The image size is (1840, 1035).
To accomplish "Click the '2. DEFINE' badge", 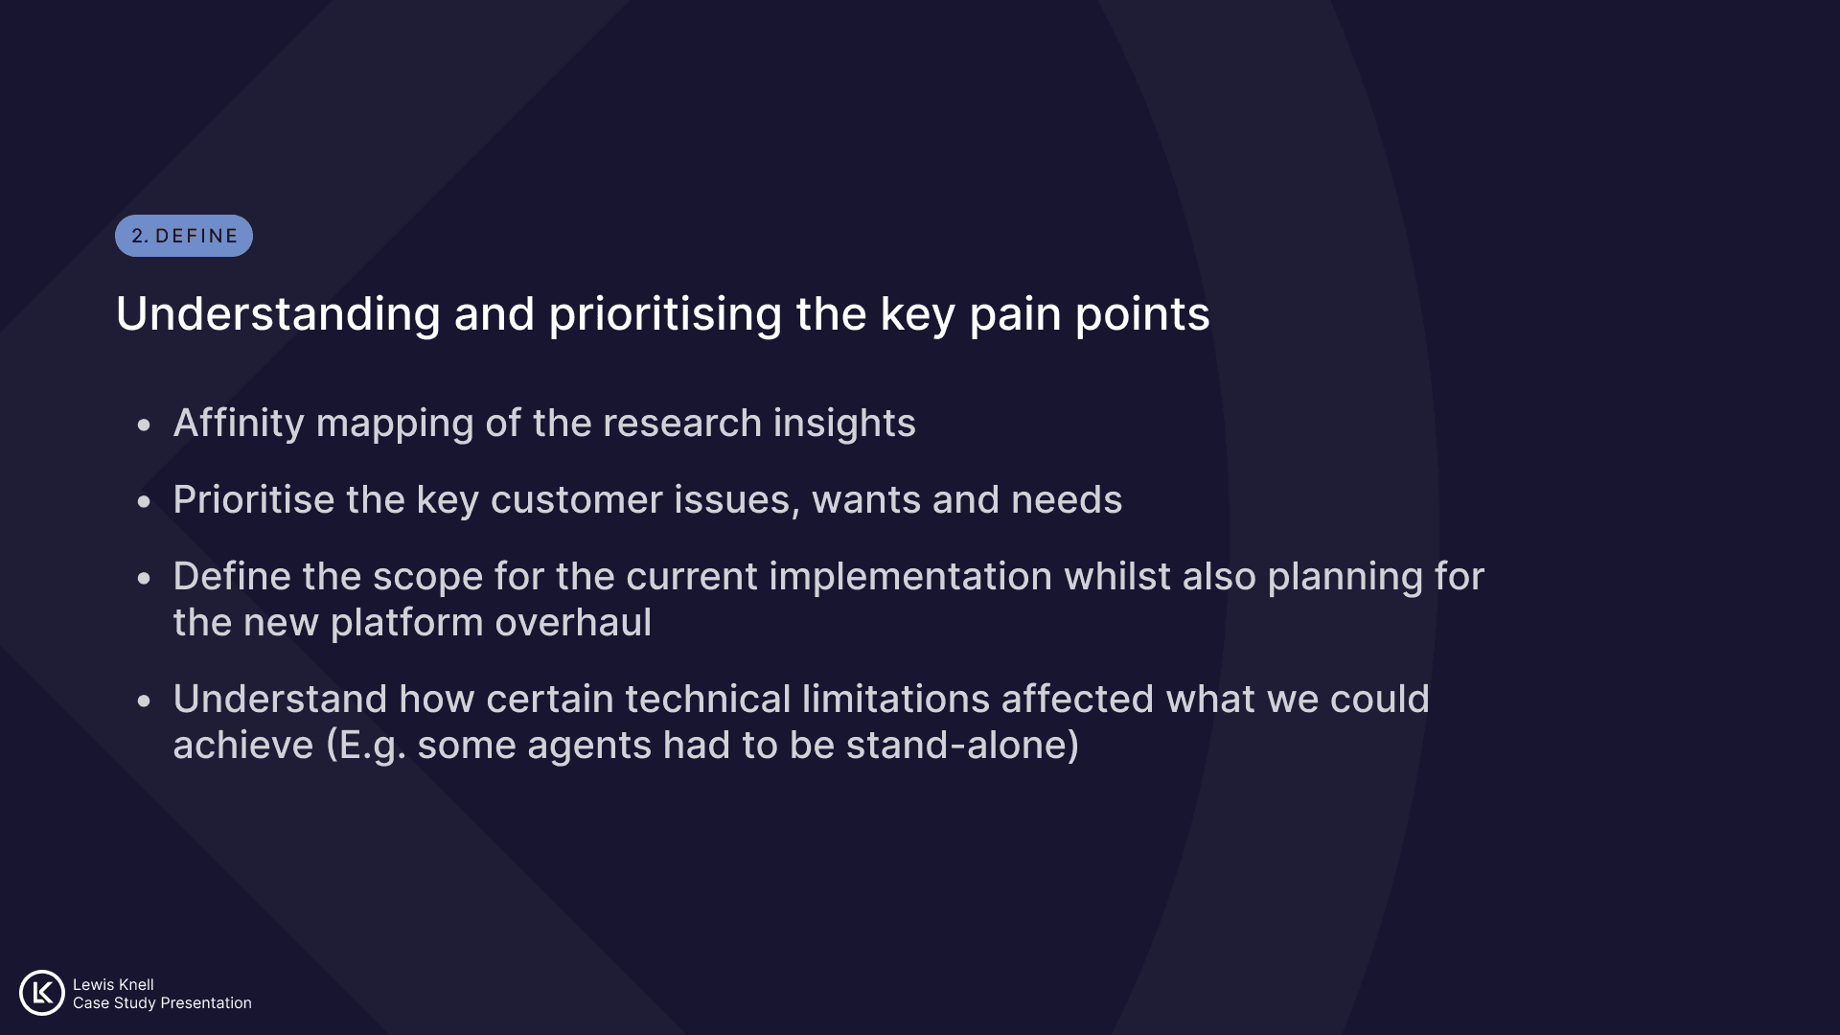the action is tap(184, 236).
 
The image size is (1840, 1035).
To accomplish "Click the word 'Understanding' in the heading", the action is tap(278, 315).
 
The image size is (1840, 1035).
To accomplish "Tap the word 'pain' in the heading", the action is tap(1016, 315).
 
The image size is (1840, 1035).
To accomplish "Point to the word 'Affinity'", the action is tap(239, 424).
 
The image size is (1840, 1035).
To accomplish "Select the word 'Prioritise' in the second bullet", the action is tap(254, 499).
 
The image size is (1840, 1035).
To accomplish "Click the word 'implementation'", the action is tap(910, 577).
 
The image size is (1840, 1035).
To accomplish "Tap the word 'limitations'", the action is tap(896, 700).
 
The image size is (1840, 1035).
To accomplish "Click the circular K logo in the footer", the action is tap(42, 993).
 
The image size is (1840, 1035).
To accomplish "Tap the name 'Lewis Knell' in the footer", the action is tap(113, 984).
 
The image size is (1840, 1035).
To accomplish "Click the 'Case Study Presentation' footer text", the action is tap(162, 1002).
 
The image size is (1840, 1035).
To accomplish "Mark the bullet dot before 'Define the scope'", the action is tap(144, 578).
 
